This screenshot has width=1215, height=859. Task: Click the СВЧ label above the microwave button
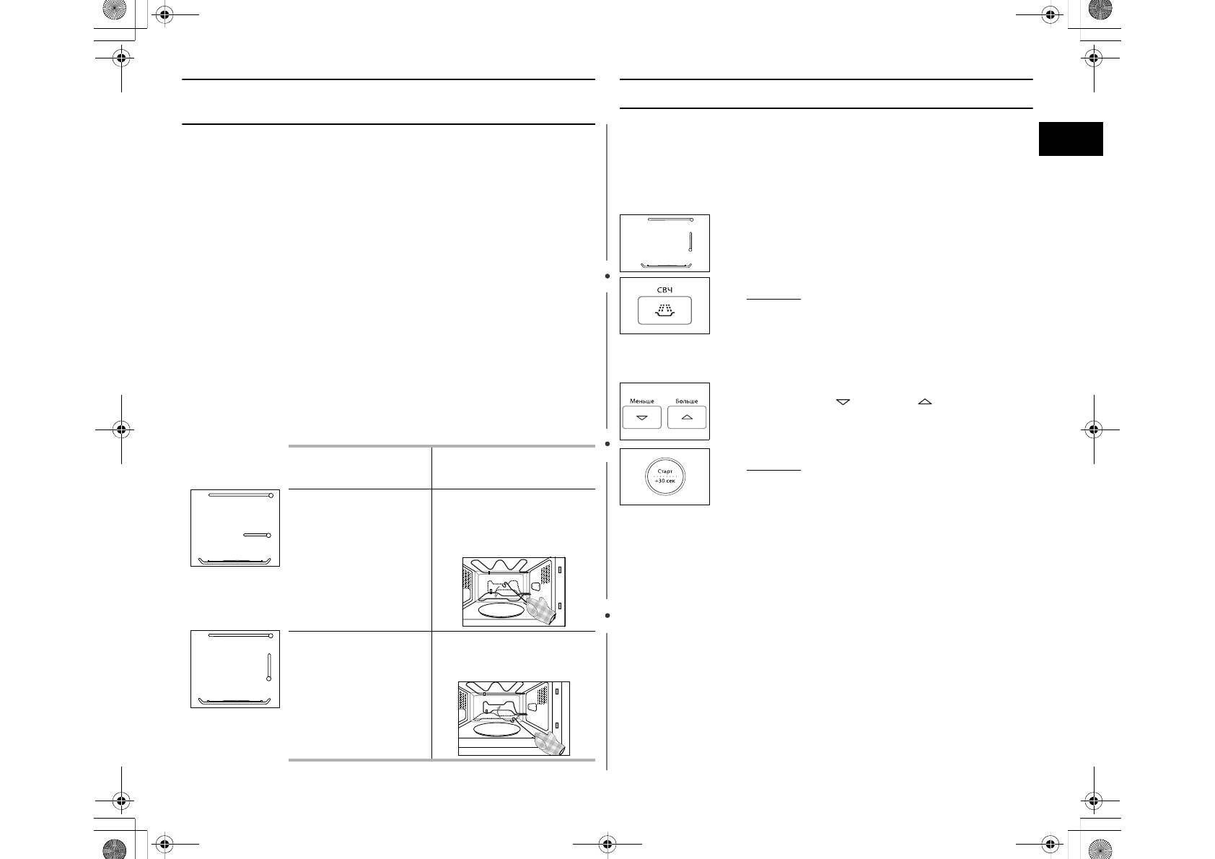664,289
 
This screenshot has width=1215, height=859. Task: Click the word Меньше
641,401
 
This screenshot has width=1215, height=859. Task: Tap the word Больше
687,401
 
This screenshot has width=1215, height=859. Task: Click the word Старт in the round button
665,471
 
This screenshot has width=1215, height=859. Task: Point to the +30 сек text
665,481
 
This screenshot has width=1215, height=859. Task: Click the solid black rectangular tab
1071,139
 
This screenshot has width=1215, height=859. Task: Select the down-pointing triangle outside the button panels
843,402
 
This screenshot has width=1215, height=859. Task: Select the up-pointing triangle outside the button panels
925,402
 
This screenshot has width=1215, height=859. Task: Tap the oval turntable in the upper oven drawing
501,611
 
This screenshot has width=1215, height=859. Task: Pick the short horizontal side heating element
257,535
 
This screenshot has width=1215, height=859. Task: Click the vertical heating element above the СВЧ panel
690,242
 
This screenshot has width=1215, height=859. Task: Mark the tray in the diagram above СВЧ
667,266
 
